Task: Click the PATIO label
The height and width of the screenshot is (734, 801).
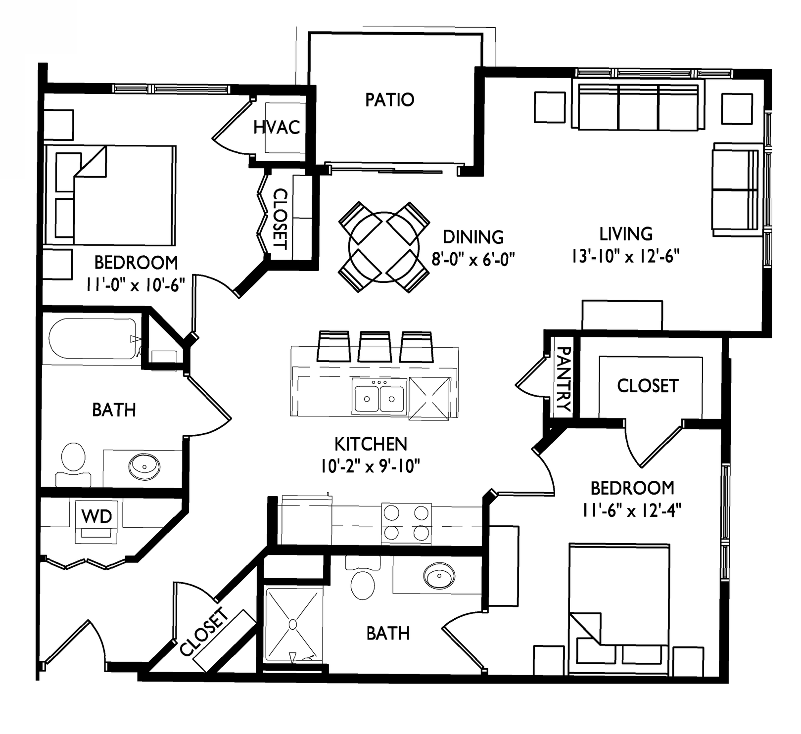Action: pos(389,99)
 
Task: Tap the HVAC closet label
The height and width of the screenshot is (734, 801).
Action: pos(277,127)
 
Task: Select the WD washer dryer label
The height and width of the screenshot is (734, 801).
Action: pos(97,516)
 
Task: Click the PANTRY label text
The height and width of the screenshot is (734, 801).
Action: pos(564,379)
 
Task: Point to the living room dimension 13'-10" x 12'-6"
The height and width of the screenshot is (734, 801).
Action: pos(625,256)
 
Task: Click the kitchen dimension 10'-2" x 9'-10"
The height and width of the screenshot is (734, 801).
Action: pos(371,465)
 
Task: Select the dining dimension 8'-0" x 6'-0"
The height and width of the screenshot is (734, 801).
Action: pos(473,259)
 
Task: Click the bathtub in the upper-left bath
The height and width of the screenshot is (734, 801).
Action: pos(93,339)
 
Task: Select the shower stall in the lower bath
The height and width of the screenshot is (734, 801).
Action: pos(294,624)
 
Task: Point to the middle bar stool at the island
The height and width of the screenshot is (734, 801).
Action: pos(375,347)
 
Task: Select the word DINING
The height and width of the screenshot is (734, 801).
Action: pos(473,237)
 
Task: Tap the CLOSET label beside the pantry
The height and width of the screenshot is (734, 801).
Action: pos(647,386)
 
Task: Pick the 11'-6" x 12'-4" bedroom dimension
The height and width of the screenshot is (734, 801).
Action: pos(632,510)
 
